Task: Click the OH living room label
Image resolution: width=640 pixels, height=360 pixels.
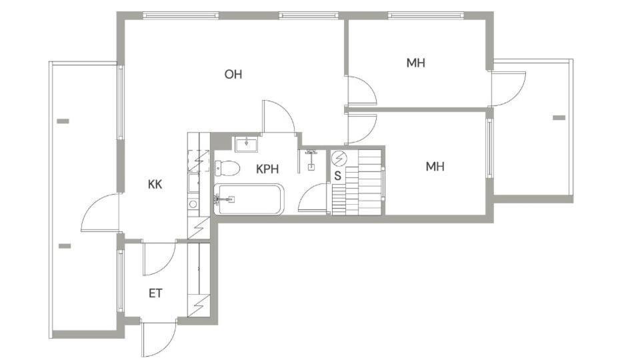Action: tap(233, 74)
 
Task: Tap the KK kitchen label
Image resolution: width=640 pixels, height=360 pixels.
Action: tap(155, 185)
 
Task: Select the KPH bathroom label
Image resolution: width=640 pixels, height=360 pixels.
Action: tap(267, 169)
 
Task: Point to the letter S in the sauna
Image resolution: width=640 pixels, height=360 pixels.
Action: tap(337, 176)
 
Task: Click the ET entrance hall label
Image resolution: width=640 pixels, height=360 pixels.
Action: tap(155, 293)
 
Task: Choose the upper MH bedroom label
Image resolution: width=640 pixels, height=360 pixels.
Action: tap(416, 63)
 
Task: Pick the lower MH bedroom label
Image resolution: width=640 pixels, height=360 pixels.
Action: tap(435, 167)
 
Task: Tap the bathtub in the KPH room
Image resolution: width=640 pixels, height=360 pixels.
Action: tap(249, 199)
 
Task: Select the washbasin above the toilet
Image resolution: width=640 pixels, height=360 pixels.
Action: tap(246, 145)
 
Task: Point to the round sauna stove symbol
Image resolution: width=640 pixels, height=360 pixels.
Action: tap(339, 159)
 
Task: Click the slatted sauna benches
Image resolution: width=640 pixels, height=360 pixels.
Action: tap(357, 182)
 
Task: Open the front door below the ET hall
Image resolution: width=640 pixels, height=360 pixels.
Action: tap(159, 339)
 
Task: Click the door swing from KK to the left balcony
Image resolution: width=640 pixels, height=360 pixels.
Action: tap(100, 212)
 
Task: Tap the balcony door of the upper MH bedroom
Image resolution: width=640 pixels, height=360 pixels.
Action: tap(509, 89)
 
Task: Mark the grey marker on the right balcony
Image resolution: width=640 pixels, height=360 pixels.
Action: tap(559, 118)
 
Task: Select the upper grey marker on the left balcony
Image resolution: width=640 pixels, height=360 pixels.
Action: tap(63, 121)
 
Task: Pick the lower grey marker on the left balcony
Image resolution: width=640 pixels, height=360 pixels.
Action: tap(65, 246)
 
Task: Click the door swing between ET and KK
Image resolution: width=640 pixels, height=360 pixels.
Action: tap(159, 259)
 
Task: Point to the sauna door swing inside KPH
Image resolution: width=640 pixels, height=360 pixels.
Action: tap(313, 197)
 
